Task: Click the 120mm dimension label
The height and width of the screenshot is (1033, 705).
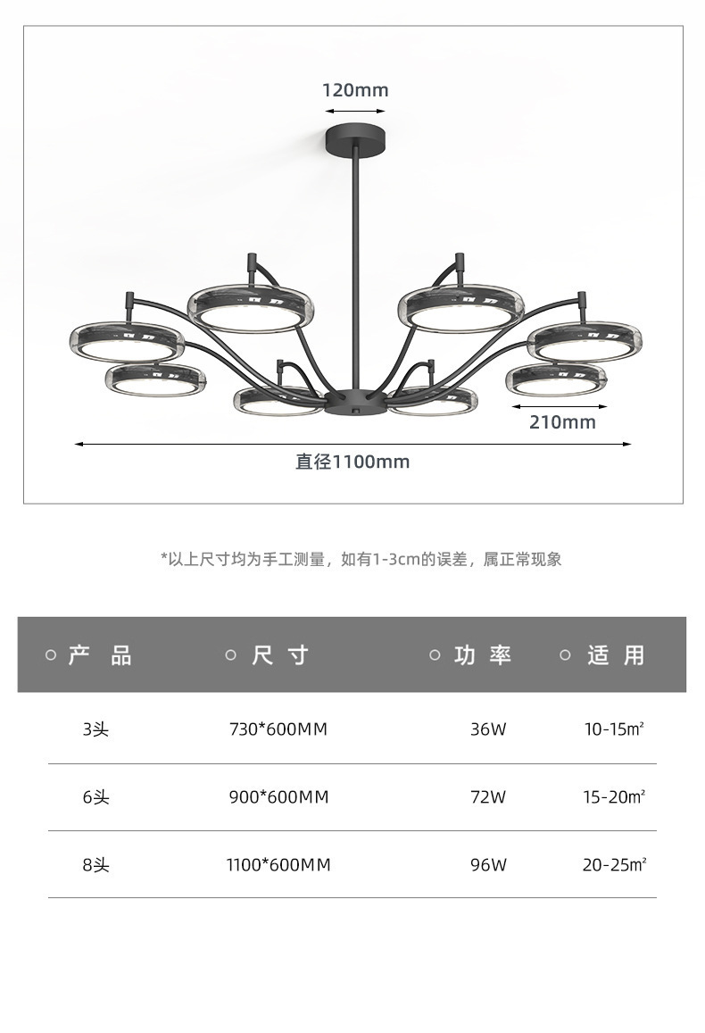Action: (355, 90)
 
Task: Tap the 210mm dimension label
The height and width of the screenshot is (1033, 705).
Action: (562, 421)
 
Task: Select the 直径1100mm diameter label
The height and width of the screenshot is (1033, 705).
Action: (352, 462)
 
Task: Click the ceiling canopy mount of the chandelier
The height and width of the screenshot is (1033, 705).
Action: (355, 138)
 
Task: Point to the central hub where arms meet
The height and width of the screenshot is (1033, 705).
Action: (355, 402)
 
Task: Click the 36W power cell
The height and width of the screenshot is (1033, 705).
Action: (488, 729)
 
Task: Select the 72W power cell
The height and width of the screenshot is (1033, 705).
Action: (488, 797)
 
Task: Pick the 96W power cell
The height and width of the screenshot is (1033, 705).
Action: (488, 864)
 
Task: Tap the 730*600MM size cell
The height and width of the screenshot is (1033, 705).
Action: (278, 729)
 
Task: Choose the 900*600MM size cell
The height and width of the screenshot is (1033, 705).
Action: (278, 797)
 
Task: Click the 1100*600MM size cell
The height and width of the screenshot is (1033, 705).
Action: (278, 864)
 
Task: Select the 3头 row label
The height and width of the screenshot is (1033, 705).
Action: (95, 729)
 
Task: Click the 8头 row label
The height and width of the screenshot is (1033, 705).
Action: (95, 864)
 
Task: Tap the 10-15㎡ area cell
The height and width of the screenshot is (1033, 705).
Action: (614, 729)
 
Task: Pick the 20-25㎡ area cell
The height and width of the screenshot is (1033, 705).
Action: (614, 864)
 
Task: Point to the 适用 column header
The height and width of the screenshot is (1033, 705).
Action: (616, 655)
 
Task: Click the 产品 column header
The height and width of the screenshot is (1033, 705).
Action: (100, 655)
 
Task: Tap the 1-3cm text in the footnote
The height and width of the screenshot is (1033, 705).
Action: (396, 559)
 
